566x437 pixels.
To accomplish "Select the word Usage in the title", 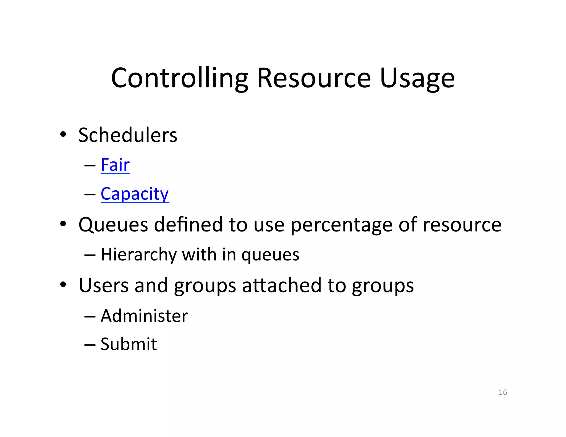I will [x=417, y=79].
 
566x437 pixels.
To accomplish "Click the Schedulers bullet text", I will [x=128, y=135].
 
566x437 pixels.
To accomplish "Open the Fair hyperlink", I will [x=115, y=165].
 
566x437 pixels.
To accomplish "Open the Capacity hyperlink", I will [x=135, y=194].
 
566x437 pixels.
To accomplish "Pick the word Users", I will [x=104, y=285].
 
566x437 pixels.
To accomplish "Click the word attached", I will [x=282, y=285].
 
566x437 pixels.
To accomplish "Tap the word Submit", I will [x=129, y=344].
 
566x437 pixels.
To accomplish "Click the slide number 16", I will [x=503, y=392].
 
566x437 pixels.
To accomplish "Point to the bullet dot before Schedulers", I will [x=63, y=135].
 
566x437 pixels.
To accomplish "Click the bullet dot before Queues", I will [x=63, y=224].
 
